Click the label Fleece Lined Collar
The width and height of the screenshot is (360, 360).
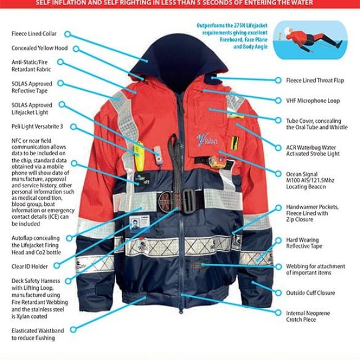pyautogui.click(x=34, y=34)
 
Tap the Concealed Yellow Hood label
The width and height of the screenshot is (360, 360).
pyautogui.click(x=39, y=48)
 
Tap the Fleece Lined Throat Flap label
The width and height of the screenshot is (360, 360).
pyautogui.click(x=316, y=80)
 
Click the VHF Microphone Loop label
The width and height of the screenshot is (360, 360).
pyautogui.click(x=313, y=101)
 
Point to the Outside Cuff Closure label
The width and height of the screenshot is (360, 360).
pyautogui.click(x=310, y=293)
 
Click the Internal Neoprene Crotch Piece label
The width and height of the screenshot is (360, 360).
pyautogui.click(x=308, y=317)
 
